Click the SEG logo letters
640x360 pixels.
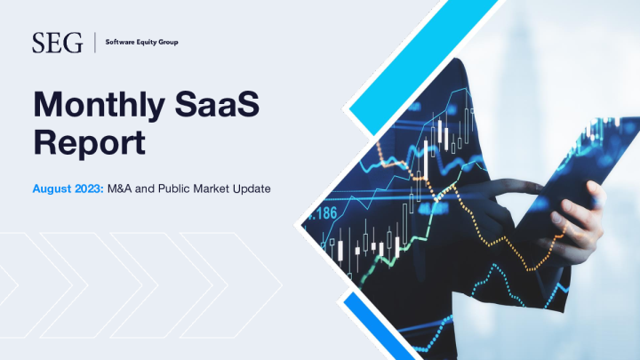click(57, 42)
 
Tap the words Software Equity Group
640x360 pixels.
click(140, 42)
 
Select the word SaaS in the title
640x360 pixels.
click(226, 106)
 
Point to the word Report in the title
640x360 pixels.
click(89, 141)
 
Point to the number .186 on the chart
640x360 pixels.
click(323, 214)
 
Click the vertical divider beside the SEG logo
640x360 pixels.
click(93, 42)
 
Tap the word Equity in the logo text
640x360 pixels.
click(143, 42)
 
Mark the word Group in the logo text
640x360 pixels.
click(166, 42)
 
